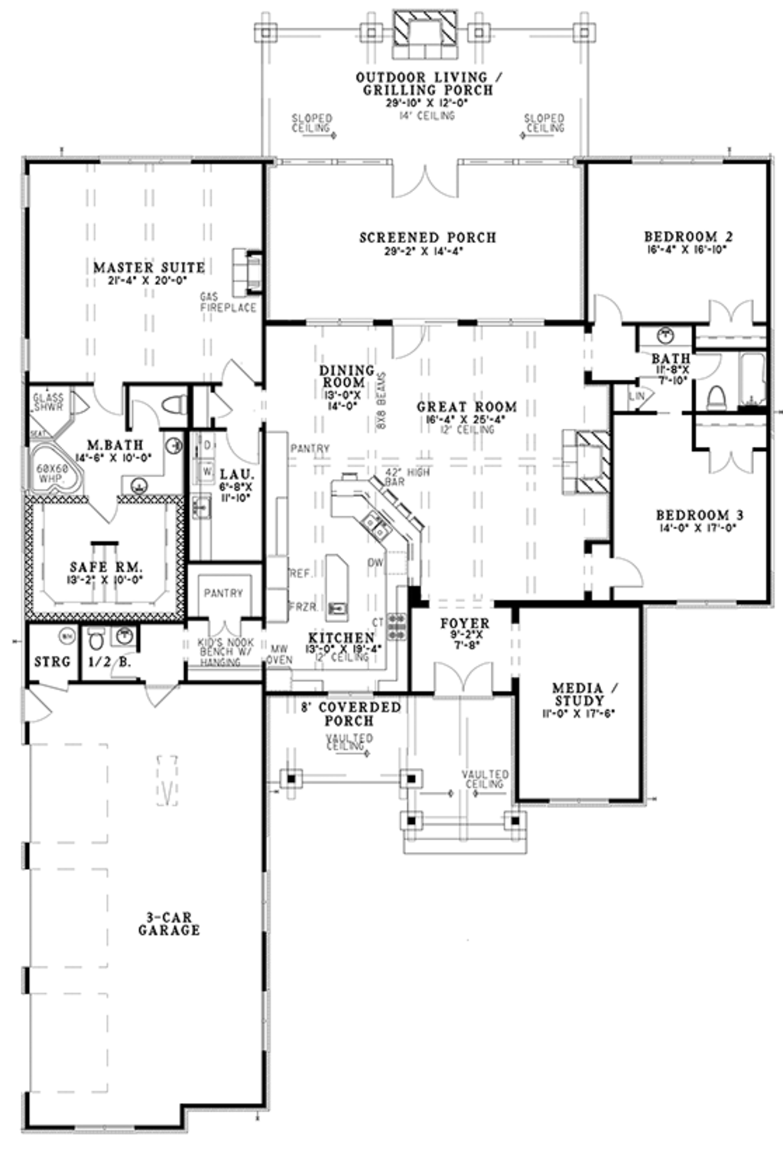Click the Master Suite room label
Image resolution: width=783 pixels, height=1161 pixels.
(149, 268)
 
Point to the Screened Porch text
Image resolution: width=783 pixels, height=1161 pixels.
(427, 238)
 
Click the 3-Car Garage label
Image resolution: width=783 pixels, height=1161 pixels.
(169, 923)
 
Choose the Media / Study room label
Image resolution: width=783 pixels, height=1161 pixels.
(579, 694)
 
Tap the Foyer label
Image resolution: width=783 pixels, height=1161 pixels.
(464, 624)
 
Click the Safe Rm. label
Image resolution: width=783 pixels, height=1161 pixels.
(106, 568)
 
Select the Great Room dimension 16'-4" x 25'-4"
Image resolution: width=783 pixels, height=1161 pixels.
(466, 420)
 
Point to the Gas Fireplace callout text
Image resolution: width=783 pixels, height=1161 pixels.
(228, 302)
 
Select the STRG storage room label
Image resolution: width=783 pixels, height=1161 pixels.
(52, 662)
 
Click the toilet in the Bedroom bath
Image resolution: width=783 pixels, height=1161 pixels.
(716, 397)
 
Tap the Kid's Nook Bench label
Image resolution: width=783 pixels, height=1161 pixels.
(221, 652)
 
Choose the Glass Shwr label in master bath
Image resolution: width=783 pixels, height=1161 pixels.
(50, 401)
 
